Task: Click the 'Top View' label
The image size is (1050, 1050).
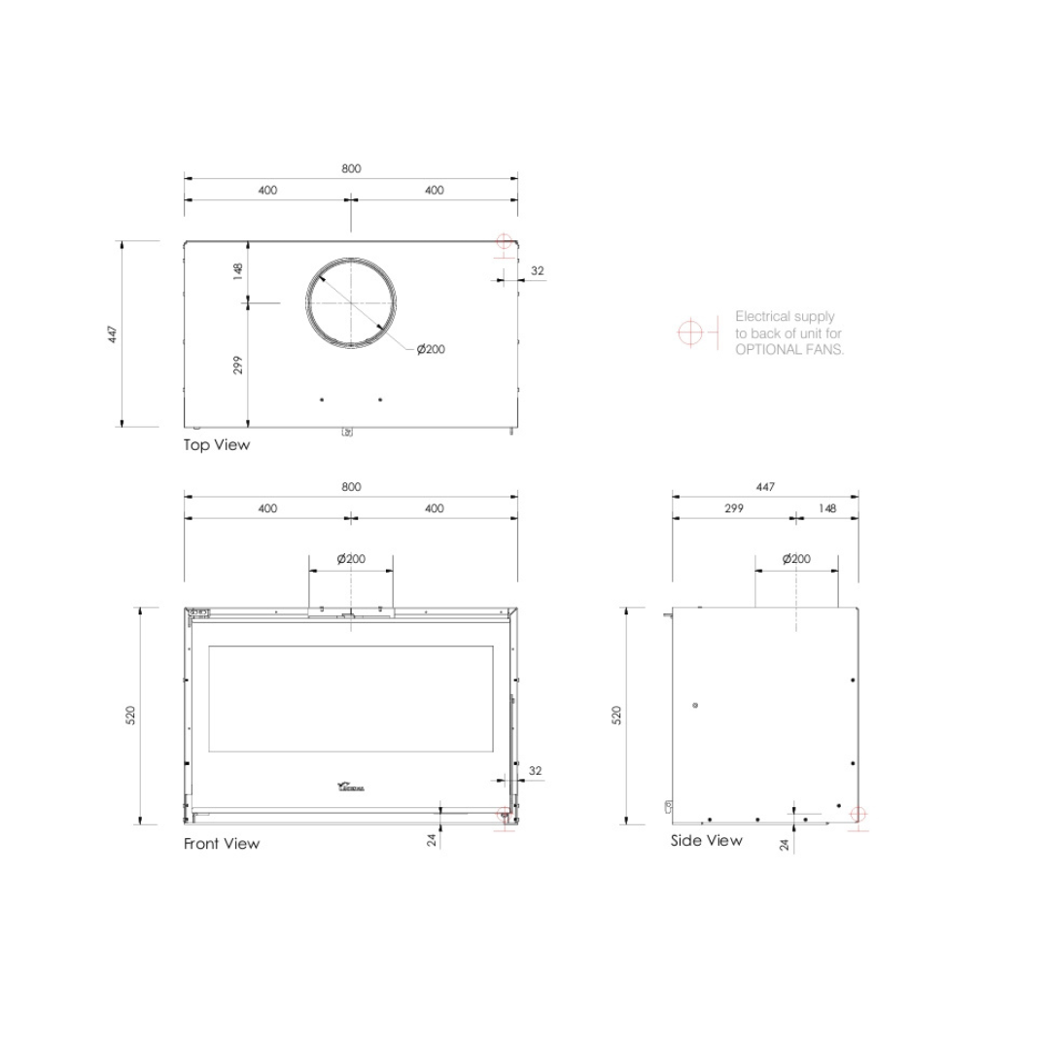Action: coord(217,445)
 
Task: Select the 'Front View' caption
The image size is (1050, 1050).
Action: coord(222,844)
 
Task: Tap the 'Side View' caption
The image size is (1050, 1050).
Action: coord(706,840)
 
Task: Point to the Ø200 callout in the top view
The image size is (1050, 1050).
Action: coord(431,349)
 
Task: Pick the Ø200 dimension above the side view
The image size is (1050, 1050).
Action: coord(796,559)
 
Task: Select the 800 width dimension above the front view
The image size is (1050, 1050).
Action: coord(351,487)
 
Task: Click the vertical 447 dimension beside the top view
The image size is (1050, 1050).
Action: coord(114,334)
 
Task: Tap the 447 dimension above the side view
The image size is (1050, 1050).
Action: coord(765,487)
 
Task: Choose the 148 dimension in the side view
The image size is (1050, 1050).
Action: coord(827,508)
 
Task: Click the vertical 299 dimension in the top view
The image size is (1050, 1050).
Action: coord(238,365)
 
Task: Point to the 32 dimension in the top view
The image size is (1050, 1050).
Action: coord(537,271)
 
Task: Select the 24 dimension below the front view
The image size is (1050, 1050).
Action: coord(432,840)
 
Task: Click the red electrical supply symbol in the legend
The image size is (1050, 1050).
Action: coord(690,332)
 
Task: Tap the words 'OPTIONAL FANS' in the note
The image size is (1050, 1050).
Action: coord(789,350)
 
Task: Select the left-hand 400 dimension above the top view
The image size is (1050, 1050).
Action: coord(267,191)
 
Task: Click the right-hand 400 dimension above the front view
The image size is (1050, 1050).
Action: coord(435,508)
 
